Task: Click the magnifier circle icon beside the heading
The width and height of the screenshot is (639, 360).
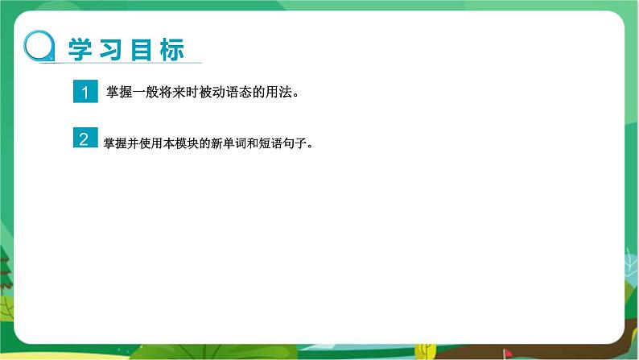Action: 39,47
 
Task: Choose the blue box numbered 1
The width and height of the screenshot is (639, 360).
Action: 84,92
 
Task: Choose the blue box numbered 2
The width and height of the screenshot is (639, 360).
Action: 84,139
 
